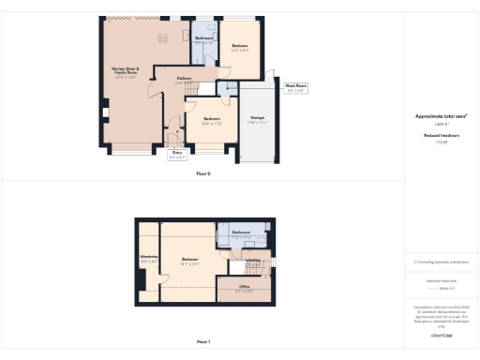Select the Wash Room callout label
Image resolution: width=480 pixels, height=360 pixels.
296,89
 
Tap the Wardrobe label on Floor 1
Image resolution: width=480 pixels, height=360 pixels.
148,258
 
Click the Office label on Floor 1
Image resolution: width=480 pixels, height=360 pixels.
244,289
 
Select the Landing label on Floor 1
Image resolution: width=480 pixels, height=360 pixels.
253,262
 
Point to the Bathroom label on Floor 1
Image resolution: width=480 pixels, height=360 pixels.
241,232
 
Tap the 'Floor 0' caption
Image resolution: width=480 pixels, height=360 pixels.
203,174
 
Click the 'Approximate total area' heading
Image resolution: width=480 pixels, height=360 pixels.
441,116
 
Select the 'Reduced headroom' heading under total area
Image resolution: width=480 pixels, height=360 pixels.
441,136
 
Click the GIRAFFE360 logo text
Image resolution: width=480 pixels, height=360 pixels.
441,335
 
